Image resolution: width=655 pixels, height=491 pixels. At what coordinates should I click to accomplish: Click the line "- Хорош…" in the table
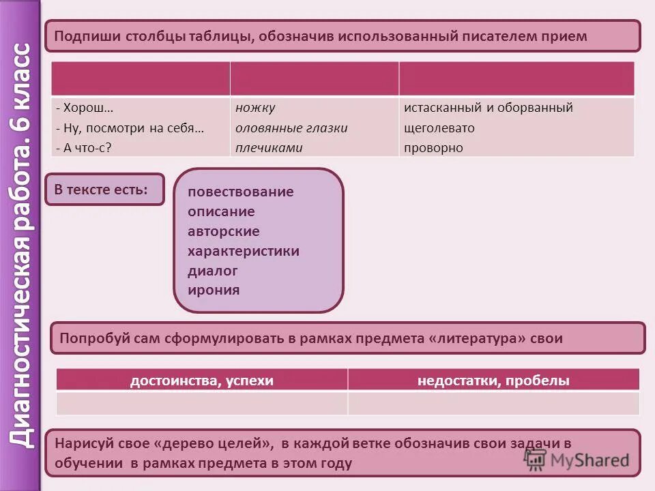[x=85, y=108]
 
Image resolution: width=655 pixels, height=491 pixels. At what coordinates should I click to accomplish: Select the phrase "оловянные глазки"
[x=291, y=128]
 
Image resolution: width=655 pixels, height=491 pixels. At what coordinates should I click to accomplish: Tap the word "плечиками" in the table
[x=269, y=147]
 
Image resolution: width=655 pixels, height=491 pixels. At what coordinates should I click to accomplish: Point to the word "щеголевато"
[x=439, y=128]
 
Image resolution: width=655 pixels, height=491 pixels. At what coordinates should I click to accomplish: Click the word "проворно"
[x=433, y=147]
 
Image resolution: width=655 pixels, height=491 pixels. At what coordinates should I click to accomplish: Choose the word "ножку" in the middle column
[x=255, y=108]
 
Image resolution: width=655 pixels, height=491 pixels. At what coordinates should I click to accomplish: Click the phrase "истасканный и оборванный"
[x=488, y=108]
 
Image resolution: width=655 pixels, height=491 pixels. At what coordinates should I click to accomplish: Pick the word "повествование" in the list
[x=240, y=192]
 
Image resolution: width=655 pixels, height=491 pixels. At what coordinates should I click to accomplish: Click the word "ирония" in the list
[x=214, y=290]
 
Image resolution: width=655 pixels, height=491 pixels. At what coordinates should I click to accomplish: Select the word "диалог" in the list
[x=213, y=270]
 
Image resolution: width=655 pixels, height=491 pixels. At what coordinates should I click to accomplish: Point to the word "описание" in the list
[x=221, y=211]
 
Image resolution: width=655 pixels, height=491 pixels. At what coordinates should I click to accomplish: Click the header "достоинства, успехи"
[x=201, y=381]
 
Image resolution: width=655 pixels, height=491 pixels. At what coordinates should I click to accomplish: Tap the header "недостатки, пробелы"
[x=493, y=381]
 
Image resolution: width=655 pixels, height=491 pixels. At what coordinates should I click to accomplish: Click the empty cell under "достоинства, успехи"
[x=201, y=403]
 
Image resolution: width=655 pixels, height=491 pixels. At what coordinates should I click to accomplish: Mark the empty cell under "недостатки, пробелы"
[x=493, y=403]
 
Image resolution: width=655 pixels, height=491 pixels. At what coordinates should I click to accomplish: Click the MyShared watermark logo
[x=577, y=459]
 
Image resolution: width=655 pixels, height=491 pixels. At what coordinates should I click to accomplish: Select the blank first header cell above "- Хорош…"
[x=141, y=78]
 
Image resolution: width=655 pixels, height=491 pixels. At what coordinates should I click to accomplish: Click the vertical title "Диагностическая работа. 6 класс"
[x=21, y=245]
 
